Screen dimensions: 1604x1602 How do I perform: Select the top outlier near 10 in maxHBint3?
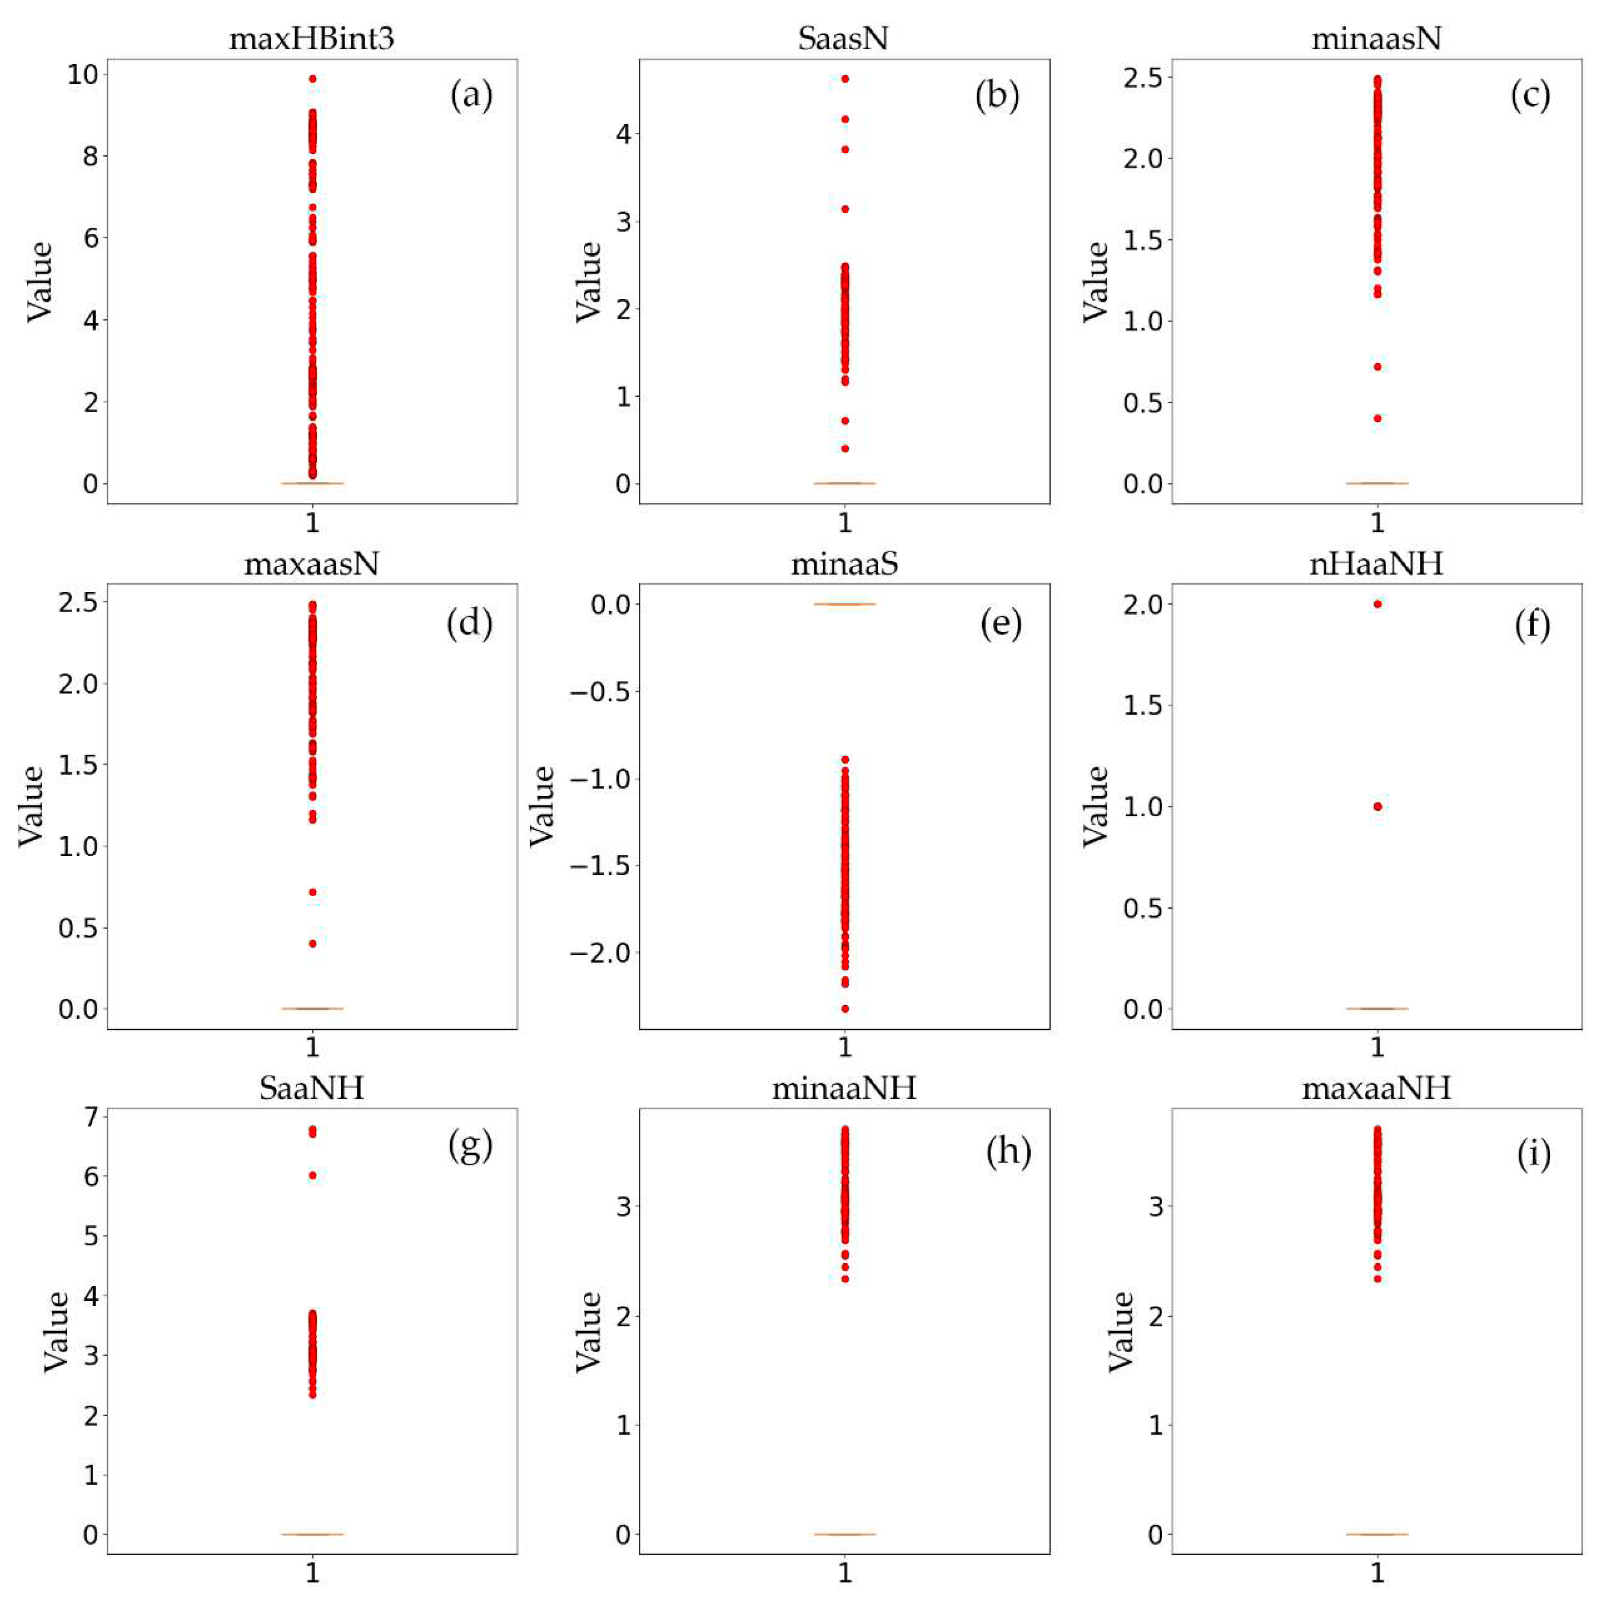coord(312,79)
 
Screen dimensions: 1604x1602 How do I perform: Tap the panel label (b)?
coord(997,96)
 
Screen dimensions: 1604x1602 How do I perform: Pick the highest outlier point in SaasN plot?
coord(845,79)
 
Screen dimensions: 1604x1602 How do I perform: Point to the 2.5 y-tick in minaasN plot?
coord(1146,77)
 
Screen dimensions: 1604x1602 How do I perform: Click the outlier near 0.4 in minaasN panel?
coord(1378,418)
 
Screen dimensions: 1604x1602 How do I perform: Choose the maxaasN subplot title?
coord(311,564)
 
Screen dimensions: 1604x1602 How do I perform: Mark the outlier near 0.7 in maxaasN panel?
coord(312,892)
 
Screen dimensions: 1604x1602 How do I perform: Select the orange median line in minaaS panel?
coord(845,604)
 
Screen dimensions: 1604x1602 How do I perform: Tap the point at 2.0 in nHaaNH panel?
coord(1378,604)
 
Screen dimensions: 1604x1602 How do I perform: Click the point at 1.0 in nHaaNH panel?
coord(1378,806)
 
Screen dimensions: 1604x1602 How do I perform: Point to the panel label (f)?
coord(1531,623)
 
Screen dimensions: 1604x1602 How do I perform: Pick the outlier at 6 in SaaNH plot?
coord(312,1175)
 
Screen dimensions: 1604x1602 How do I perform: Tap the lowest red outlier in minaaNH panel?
coord(845,1278)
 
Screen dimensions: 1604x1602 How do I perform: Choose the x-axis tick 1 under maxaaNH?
coord(1378,1572)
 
